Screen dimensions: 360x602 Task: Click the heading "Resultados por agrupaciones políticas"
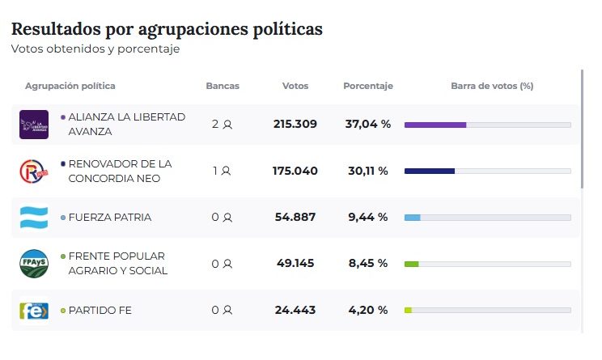pos(167,29)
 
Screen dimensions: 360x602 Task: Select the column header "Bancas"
pos(223,86)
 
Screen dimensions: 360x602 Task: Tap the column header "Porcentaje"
pos(367,86)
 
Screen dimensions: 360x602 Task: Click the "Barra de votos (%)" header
pos(491,86)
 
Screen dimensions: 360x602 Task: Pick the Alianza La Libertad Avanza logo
pos(34,125)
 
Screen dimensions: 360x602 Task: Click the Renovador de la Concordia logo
pos(34,172)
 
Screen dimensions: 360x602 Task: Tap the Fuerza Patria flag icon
pos(34,218)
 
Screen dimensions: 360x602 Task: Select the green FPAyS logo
pos(34,264)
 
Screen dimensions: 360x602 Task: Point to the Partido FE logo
pos(34,311)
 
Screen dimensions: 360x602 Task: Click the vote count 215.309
pos(295,125)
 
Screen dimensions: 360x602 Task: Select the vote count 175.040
pos(295,172)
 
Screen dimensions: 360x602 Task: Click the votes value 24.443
pos(295,311)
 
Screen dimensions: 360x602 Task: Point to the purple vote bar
pos(435,125)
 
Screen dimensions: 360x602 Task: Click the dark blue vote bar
pos(430,172)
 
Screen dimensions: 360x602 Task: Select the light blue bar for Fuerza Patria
pos(413,218)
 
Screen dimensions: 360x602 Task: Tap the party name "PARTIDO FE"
pos(100,311)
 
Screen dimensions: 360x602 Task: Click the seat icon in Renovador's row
pos(226,172)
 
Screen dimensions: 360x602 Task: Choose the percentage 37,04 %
pos(367,125)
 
